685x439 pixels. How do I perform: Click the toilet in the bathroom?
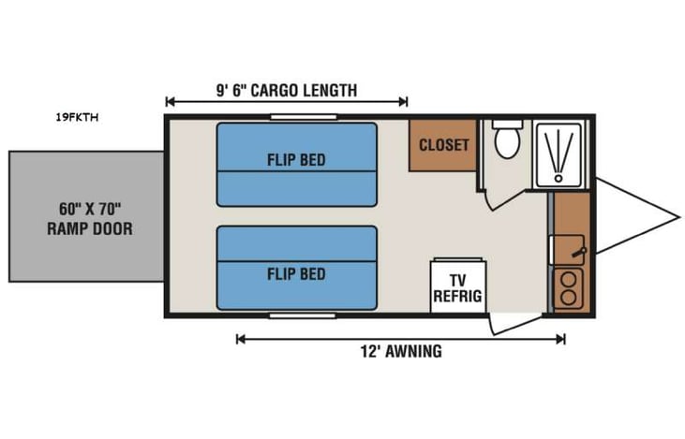507,140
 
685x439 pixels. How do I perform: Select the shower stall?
558,153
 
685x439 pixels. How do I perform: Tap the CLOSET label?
443,145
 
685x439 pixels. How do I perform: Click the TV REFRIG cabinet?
457,285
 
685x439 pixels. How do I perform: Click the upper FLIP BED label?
296,160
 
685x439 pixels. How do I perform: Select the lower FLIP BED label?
296,273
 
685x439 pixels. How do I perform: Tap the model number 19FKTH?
78,118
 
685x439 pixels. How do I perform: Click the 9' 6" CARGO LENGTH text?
286,91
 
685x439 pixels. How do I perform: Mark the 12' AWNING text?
399,352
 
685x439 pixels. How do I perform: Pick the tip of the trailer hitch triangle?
679,216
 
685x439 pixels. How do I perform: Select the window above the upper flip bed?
296,117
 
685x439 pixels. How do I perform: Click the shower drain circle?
559,175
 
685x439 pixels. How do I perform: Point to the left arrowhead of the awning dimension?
239,339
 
